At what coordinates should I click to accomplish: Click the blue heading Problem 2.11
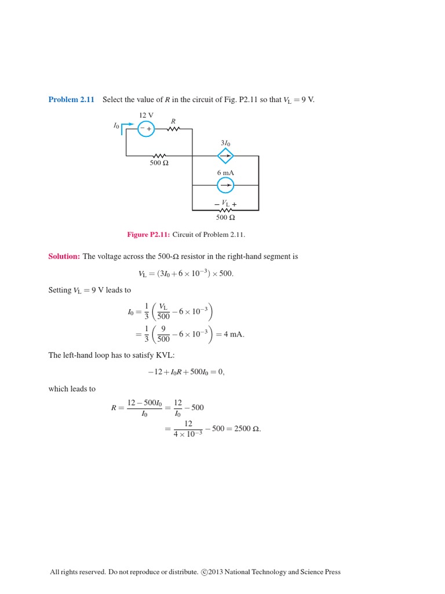tap(71, 100)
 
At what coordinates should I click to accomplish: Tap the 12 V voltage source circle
tap(145, 129)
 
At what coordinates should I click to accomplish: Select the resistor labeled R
tap(173, 129)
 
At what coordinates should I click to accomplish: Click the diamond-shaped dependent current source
tap(225, 155)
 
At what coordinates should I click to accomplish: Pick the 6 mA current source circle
tap(225, 185)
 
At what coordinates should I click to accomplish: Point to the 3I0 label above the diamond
tap(225, 143)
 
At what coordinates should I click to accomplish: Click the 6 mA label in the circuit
tap(225, 173)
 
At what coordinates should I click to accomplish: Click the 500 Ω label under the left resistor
tap(159, 164)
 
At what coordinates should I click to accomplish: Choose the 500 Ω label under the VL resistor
tap(225, 218)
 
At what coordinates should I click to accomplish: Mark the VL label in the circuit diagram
tap(225, 204)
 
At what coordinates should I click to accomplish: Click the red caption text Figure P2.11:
tap(148, 234)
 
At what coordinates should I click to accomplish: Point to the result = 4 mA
tap(230, 335)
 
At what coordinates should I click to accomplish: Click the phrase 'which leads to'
tap(72, 389)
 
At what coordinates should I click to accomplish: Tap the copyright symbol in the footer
tap(204, 572)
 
